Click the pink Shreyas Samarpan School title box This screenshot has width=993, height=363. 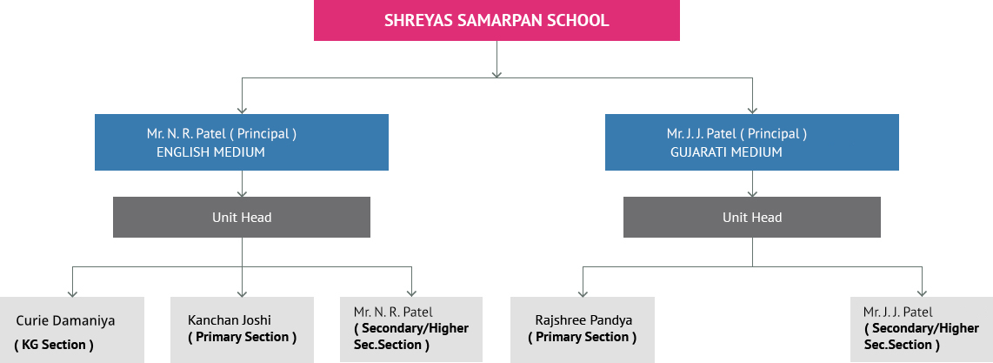coord(497,20)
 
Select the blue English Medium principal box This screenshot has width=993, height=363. coord(241,142)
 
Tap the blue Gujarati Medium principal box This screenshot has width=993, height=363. coord(752,142)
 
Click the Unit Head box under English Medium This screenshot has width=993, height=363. coord(241,218)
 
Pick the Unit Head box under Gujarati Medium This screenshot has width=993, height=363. coord(752,218)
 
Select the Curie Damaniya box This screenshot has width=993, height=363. coord(72,330)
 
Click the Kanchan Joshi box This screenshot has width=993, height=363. coord(242,330)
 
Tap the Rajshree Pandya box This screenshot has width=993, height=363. coord(583,330)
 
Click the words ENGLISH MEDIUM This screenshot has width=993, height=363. coord(211,152)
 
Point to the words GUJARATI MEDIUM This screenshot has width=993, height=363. coord(726,152)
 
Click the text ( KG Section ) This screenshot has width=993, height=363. coord(54,345)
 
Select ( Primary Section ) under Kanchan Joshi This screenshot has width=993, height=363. coord(242,337)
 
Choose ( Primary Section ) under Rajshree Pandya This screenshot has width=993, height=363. coord(583,337)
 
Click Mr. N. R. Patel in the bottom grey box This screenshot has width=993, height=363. coord(393,312)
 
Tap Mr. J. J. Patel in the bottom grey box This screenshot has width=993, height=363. coord(898,313)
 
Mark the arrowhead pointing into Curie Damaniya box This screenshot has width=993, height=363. coord(73,293)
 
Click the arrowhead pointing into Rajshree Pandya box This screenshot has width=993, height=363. coord(583,293)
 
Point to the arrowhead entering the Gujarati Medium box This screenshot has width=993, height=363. coord(752,111)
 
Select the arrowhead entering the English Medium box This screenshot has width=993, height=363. coord(241,111)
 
